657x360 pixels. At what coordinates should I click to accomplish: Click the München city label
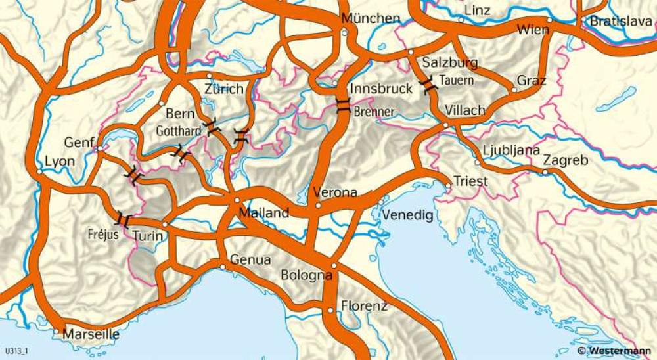point(371,18)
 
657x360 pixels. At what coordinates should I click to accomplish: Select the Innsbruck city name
point(382,88)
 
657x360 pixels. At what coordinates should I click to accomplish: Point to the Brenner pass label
point(374,112)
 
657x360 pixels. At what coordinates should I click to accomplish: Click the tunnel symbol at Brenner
point(343,106)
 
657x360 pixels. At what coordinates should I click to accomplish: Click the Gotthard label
point(178,131)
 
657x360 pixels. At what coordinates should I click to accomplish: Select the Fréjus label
point(103,233)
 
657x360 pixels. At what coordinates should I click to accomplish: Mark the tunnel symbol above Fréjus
point(123,219)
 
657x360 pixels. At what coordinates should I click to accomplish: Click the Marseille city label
point(91,334)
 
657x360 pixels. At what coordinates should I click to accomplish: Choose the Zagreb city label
point(566,160)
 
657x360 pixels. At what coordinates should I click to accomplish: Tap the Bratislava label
point(621,22)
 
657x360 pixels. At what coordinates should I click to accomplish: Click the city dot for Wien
point(550,20)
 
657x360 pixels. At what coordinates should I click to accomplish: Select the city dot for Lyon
point(40,172)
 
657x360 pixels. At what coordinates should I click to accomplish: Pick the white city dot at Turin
point(165,224)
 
